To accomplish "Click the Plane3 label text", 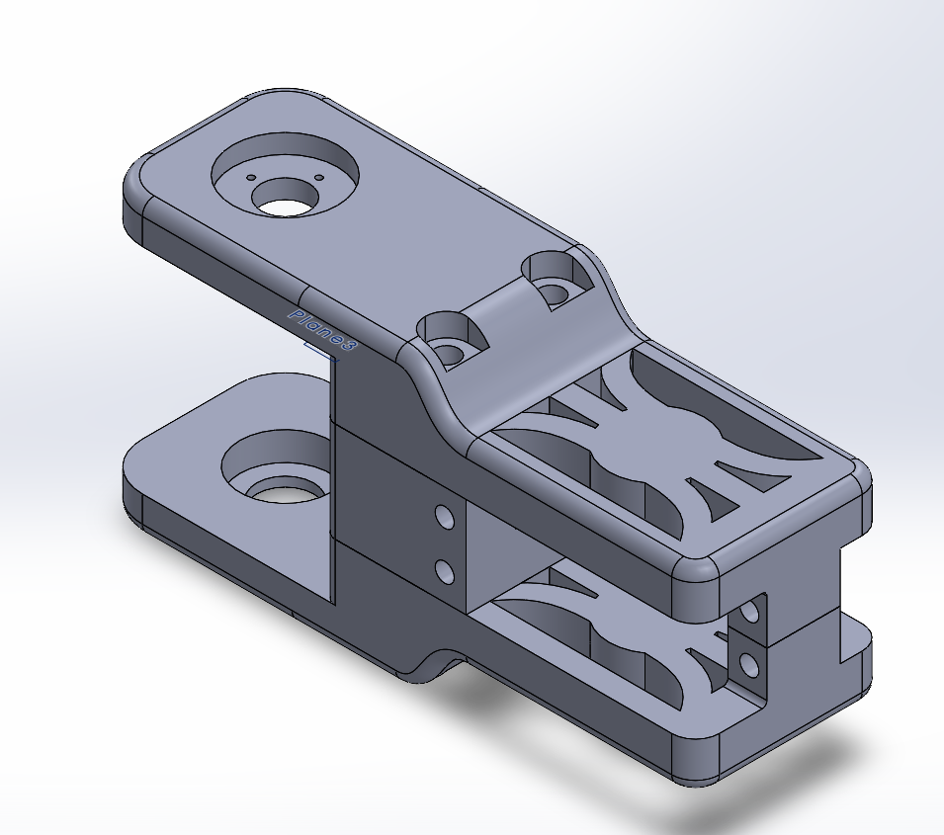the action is pos(323,330).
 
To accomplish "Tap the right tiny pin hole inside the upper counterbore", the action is pos(319,178).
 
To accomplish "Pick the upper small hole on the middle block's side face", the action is pos(445,517).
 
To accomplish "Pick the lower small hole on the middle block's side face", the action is pos(445,571).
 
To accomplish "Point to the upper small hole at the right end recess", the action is pos(749,613).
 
